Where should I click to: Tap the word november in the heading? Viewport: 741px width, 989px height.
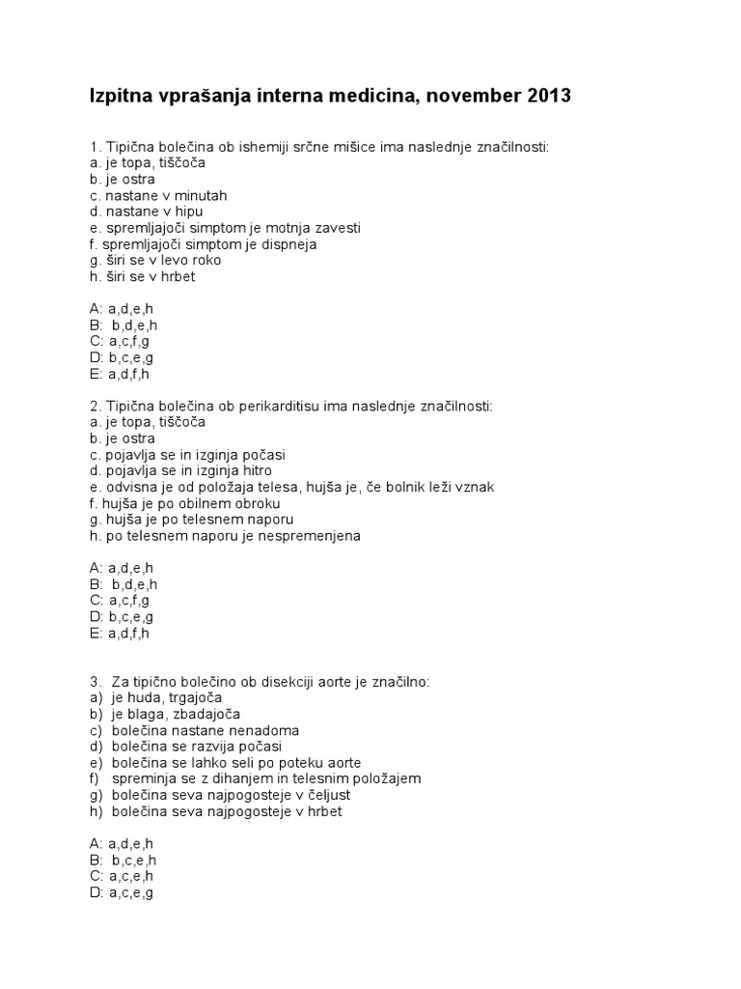click(x=465, y=96)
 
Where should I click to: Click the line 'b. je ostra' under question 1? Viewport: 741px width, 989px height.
click(x=122, y=179)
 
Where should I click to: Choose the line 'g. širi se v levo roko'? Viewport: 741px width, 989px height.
click(x=154, y=260)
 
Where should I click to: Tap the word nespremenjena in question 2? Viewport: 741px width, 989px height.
click(x=313, y=536)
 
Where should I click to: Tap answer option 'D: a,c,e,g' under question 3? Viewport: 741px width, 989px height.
click(x=122, y=892)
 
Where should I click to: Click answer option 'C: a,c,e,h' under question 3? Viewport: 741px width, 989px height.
click(x=122, y=876)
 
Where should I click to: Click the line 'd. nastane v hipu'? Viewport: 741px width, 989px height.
click(x=145, y=212)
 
